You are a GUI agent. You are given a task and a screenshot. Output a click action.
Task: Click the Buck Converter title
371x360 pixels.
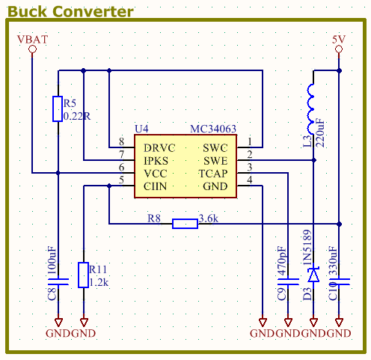pyautogui.click(x=71, y=11)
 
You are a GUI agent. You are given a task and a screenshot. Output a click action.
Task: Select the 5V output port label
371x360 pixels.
pyautogui.click(x=339, y=38)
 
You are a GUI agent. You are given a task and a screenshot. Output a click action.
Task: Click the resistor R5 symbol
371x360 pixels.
pyautogui.click(x=58, y=109)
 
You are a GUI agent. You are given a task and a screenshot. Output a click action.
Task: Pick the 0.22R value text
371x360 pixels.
pyautogui.click(x=77, y=117)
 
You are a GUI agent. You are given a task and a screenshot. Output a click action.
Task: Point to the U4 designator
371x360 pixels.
pyautogui.click(x=142, y=129)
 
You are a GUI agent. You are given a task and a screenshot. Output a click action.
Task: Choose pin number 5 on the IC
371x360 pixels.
pyautogui.click(x=121, y=180)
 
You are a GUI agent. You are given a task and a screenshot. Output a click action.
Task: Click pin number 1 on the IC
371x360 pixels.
pyautogui.click(x=250, y=142)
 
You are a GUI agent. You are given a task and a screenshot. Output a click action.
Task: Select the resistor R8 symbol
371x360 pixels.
pyautogui.click(x=185, y=223)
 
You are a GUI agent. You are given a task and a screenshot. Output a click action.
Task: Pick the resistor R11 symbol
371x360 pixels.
pyautogui.click(x=83, y=273)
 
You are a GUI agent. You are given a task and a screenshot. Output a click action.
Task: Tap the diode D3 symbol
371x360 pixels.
pyautogui.click(x=313, y=275)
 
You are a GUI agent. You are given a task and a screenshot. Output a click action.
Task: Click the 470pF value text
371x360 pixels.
pyautogui.click(x=281, y=263)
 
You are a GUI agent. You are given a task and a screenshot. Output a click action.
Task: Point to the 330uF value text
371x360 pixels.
pyautogui.click(x=333, y=263)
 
